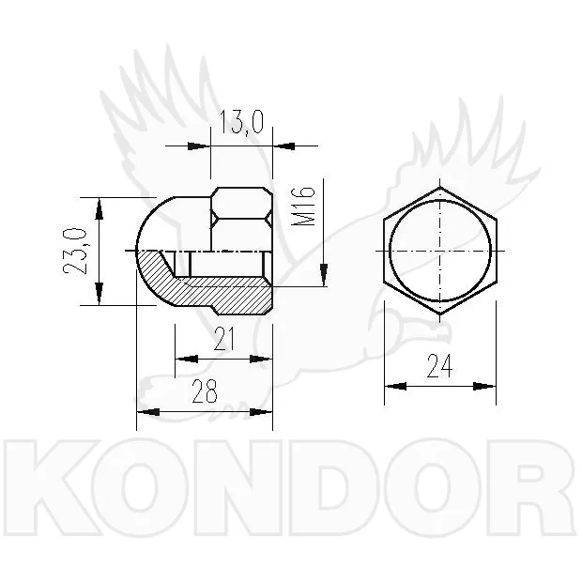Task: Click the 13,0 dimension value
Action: point(241,122)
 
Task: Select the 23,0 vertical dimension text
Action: point(74,252)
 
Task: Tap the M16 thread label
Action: point(303,207)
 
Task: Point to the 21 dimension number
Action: point(224,339)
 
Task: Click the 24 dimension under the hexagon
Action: point(440,365)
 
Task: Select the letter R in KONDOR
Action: point(530,487)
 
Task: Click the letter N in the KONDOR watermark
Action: point(237,487)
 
